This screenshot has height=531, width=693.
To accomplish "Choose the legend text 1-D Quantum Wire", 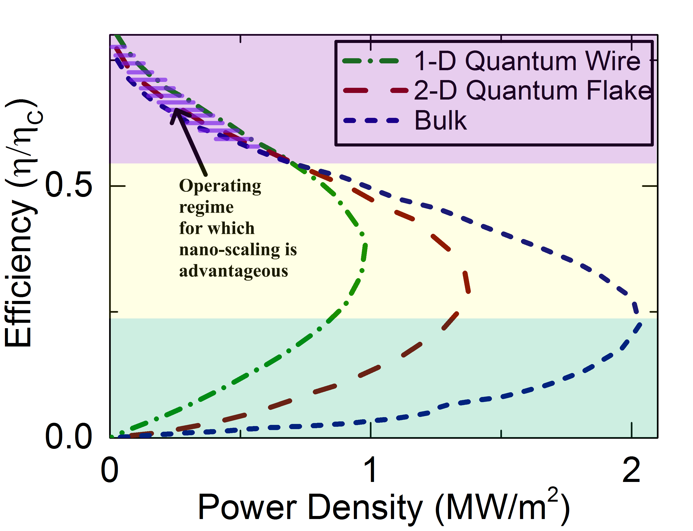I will [x=527, y=61].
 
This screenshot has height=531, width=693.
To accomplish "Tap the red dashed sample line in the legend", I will [x=375, y=91].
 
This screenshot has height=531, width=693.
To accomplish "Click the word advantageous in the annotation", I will [x=234, y=271].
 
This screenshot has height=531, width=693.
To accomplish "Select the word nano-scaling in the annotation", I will [x=230, y=250].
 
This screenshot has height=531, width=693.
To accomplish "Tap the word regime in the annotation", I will [x=206, y=207].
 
